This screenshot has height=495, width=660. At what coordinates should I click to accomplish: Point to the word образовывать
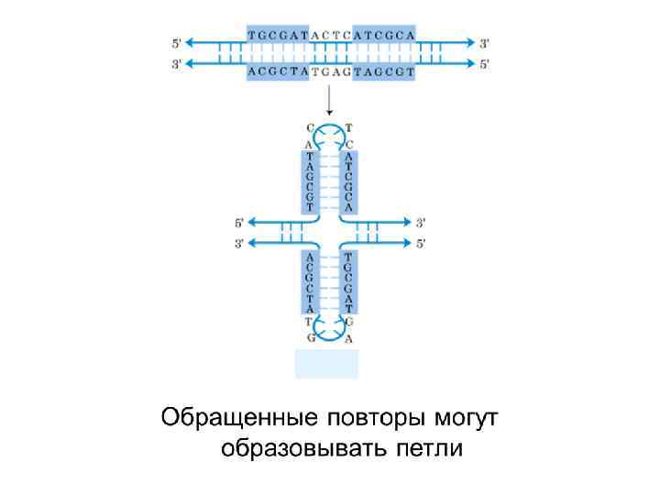point(303,450)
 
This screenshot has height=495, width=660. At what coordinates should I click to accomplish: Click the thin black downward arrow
point(330,100)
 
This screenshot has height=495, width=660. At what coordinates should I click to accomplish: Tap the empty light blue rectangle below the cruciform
point(326,364)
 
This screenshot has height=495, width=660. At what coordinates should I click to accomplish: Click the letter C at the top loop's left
point(310,127)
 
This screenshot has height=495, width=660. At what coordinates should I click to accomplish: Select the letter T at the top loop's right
point(349,127)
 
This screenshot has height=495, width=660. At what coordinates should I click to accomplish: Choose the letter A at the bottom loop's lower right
point(349,338)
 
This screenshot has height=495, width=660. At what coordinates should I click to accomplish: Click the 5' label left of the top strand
point(177,43)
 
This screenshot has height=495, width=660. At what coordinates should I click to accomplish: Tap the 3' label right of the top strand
point(485,43)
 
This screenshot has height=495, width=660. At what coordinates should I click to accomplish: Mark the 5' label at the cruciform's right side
point(422,243)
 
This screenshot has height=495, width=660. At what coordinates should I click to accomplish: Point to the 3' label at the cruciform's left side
point(239,243)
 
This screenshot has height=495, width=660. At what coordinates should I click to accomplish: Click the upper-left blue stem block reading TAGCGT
point(310,181)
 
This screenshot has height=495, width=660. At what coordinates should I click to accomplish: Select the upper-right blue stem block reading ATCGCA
point(349,181)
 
